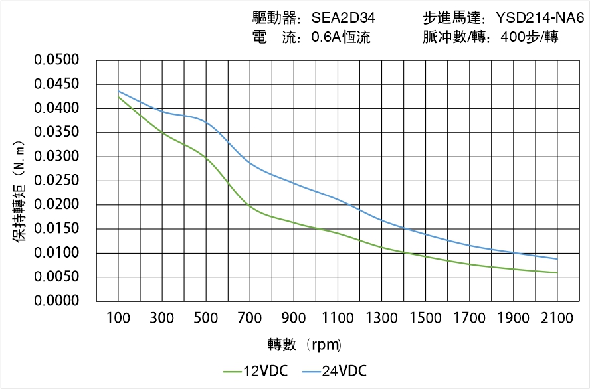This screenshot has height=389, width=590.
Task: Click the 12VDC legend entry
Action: pyautogui.click(x=256, y=371)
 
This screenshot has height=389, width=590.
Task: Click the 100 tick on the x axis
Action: pyautogui.click(x=118, y=319)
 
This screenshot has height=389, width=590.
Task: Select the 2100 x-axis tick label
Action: pyautogui.click(x=557, y=319)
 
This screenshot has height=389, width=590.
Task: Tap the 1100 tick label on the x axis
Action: pyautogui.click(x=338, y=319)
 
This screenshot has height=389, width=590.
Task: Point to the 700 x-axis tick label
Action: pyautogui.click(x=250, y=319)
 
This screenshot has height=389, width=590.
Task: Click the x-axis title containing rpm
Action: pyautogui.click(x=305, y=345)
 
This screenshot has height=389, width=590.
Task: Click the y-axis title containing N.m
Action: pyautogui.click(x=19, y=199)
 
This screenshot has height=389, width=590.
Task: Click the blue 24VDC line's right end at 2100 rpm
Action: pyautogui.click(x=557, y=259)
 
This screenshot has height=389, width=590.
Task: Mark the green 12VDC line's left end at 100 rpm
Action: pyautogui.click(x=118, y=97)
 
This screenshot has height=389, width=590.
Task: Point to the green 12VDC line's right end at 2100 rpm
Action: pyautogui.click(x=557, y=273)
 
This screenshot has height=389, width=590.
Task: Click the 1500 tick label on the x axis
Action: pyautogui.click(x=425, y=319)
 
